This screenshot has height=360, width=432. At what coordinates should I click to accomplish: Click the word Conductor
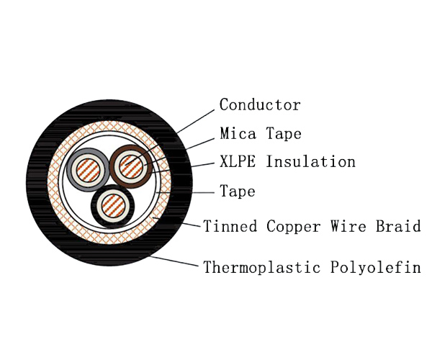260,105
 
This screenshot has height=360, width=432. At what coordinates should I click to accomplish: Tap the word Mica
236,134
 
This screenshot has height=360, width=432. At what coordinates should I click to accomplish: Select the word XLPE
238,161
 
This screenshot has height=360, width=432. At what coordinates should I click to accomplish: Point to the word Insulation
310,161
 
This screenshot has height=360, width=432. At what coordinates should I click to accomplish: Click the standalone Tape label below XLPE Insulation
238,192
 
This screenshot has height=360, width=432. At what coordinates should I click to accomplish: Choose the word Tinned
228,226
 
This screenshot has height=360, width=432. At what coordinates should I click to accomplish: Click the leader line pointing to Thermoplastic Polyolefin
173,261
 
